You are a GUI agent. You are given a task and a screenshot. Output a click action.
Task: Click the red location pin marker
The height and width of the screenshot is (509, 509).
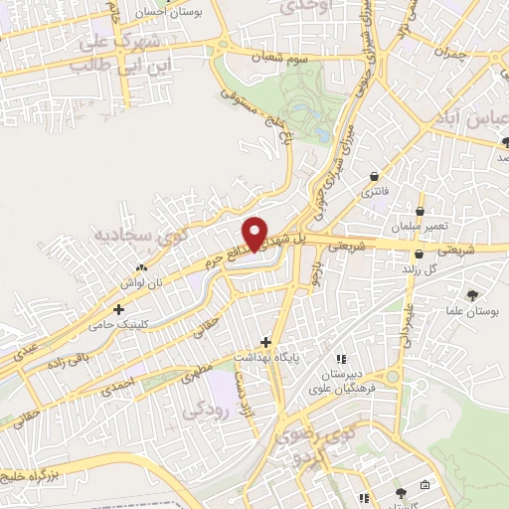[x=256, y=233]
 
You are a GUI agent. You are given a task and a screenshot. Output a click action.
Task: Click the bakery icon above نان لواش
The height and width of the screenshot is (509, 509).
[x=141, y=267]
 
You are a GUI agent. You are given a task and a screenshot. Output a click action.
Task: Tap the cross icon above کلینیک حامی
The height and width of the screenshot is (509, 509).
[x=118, y=310]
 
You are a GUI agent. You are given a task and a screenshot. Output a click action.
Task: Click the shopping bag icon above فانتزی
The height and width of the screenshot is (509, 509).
[x=374, y=176]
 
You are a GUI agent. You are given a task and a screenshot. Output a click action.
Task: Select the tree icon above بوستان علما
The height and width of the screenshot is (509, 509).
[x=473, y=295]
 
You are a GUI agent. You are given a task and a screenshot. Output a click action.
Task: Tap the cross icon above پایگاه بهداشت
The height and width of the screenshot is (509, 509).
[x=265, y=341]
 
